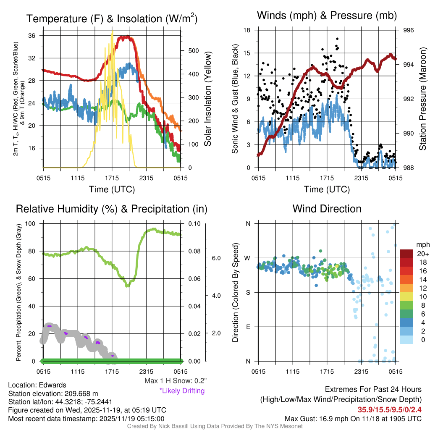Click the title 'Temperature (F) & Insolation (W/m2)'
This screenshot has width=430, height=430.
pyautogui.click(x=112, y=18)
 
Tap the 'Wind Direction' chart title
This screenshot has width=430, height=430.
pyautogui.click(x=327, y=209)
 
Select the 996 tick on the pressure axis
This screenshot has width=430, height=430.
pyautogui.click(x=409, y=30)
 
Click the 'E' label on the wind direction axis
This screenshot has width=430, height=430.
pyautogui.click(x=248, y=327)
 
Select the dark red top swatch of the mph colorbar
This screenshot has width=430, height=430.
pyautogui.click(x=407, y=254)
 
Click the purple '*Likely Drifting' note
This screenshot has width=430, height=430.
pyautogui.click(x=182, y=391)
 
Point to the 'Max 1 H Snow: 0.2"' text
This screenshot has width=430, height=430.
pyautogui.click(x=175, y=381)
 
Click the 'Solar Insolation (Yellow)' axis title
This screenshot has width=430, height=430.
pyautogui.click(x=207, y=99)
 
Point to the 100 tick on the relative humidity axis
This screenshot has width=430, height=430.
pyautogui.click(x=30, y=223)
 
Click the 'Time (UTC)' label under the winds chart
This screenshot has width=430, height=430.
pyautogui.click(x=327, y=189)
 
